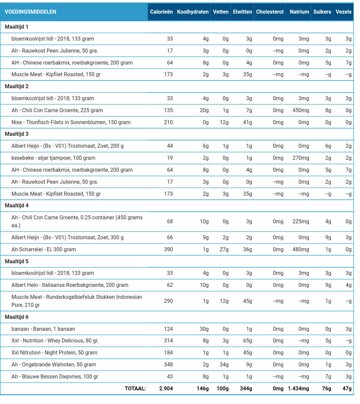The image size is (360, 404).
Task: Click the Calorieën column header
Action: (161, 12)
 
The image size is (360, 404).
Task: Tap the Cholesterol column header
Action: (270, 12)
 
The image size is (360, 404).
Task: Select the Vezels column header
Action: (343, 12)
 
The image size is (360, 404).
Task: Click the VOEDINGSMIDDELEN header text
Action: (30, 12)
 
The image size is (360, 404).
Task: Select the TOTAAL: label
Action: (135, 389)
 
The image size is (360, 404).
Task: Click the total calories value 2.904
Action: (166, 389)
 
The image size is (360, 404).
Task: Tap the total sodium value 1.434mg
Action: (298, 389)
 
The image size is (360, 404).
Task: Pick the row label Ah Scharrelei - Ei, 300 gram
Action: (43, 249)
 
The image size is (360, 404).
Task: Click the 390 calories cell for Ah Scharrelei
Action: (168, 249)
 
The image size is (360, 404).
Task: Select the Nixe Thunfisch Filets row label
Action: (71, 122)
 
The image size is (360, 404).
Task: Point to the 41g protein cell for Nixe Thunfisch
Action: (247, 122)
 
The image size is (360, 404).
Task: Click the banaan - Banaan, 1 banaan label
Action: (43, 329)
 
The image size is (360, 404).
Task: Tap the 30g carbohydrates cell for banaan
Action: (204, 329)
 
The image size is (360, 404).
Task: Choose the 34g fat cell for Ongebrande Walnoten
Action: (224, 365)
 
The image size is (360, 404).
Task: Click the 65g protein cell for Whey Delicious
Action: (247, 341)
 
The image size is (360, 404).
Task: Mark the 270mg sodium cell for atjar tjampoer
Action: (301, 158)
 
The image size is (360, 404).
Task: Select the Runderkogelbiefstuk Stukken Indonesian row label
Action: (77, 301)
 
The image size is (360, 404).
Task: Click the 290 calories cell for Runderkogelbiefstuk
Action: (168, 301)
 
